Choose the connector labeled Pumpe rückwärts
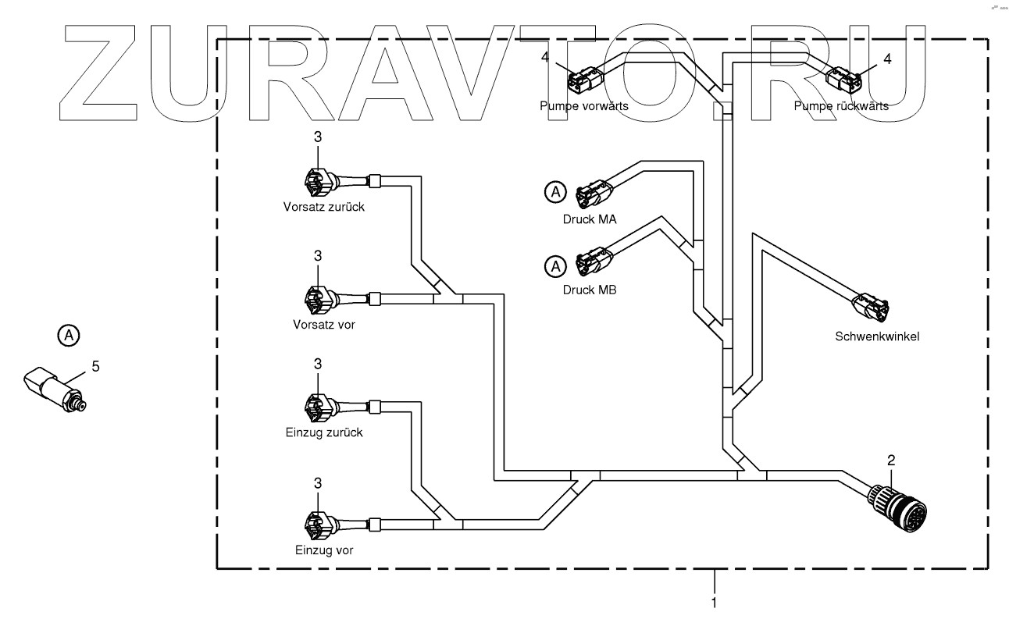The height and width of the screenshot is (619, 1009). (844, 79)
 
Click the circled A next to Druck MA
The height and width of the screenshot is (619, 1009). (554, 191)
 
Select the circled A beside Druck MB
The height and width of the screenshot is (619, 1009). (554, 267)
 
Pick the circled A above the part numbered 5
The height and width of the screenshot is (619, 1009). (69, 336)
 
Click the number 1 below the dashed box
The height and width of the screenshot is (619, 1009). (713, 602)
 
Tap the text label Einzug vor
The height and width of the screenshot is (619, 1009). (324, 550)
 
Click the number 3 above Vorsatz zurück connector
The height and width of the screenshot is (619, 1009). (318, 137)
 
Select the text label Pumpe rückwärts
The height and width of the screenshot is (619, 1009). (841, 107)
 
